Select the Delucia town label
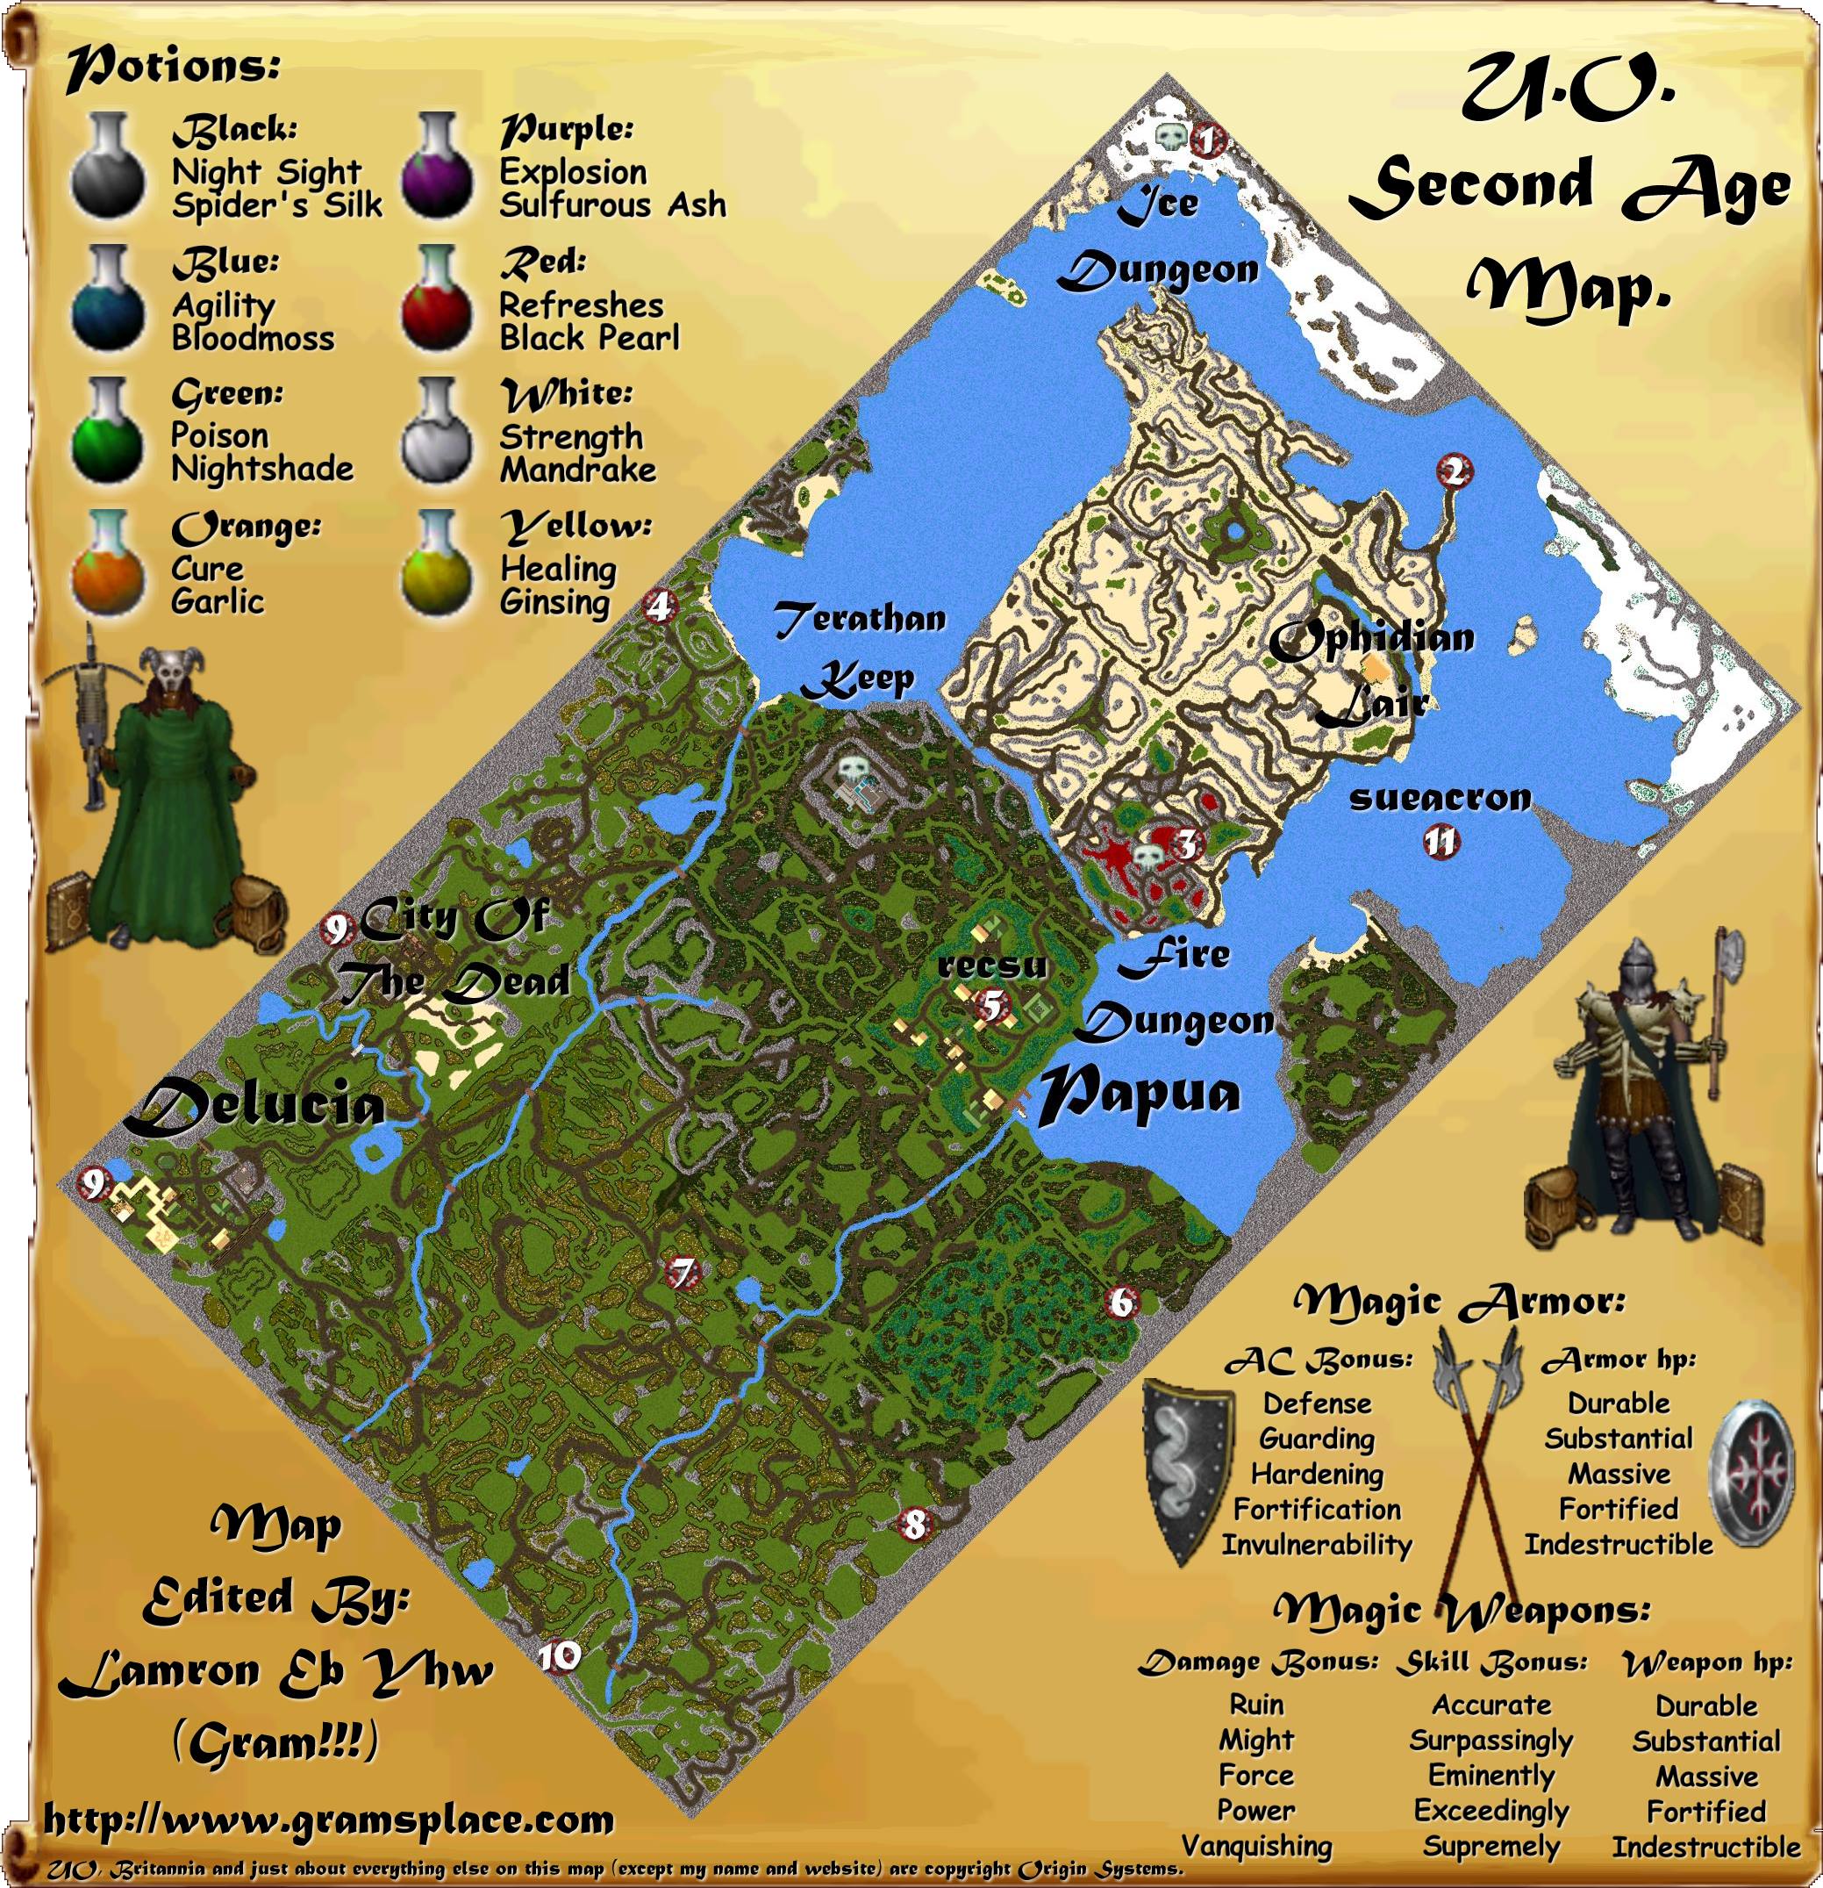(x=255, y=1105)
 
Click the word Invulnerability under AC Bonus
(x=1317, y=1545)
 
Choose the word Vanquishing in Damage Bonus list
(x=1257, y=1846)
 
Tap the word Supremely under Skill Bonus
(x=1491, y=1846)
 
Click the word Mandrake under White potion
(x=578, y=470)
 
